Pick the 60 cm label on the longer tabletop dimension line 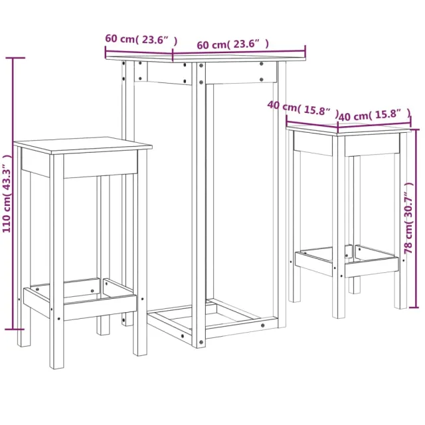click(211, 44)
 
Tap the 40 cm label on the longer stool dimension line click(352, 116)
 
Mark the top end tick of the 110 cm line click(14, 58)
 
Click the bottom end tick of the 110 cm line click(14, 328)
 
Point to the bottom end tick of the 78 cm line click(416, 307)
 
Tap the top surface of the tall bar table click(206, 58)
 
